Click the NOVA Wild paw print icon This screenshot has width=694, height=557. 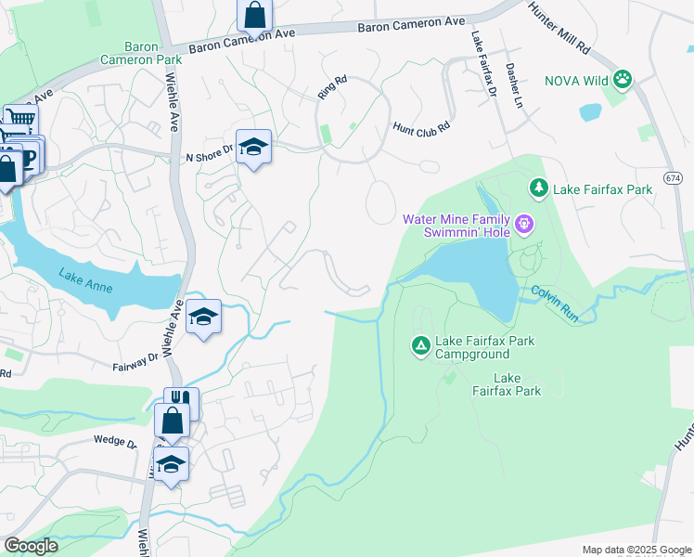click(622, 81)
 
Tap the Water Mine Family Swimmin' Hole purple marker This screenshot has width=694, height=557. click(524, 224)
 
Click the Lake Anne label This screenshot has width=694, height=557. click(85, 280)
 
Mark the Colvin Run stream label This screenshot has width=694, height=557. click(555, 304)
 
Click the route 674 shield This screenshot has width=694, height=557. click(674, 176)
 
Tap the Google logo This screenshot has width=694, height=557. click(31, 546)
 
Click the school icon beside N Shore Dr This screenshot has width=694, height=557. click(253, 147)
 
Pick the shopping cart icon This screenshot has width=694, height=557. click(19, 118)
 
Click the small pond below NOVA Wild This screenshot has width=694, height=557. click(590, 112)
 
